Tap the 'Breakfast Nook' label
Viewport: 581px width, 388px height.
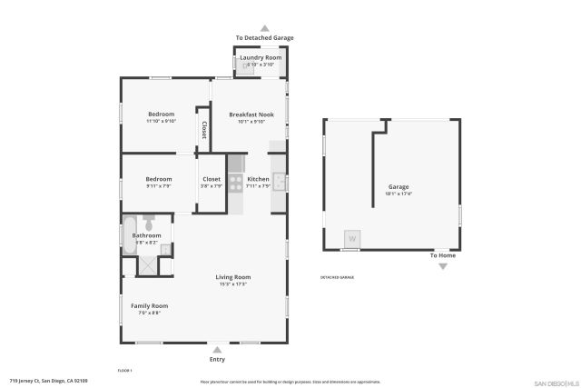pos(250,114)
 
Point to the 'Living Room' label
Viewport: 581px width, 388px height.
pos(232,277)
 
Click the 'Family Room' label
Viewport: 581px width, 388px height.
pos(149,306)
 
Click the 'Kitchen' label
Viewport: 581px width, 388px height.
pos(258,179)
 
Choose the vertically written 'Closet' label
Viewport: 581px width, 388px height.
pos(203,131)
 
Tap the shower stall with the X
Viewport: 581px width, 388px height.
pos(147,266)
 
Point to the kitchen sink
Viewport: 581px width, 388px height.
pos(280,181)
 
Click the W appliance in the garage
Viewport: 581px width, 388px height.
pos(351,239)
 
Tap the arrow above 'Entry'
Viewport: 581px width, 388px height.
pos(217,348)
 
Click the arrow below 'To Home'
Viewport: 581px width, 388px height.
pos(443,267)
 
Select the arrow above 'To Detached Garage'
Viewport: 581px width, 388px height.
pos(264,28)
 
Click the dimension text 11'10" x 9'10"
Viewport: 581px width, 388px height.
pos(161,121)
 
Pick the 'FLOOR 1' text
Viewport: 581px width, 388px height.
pos(125,370)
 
